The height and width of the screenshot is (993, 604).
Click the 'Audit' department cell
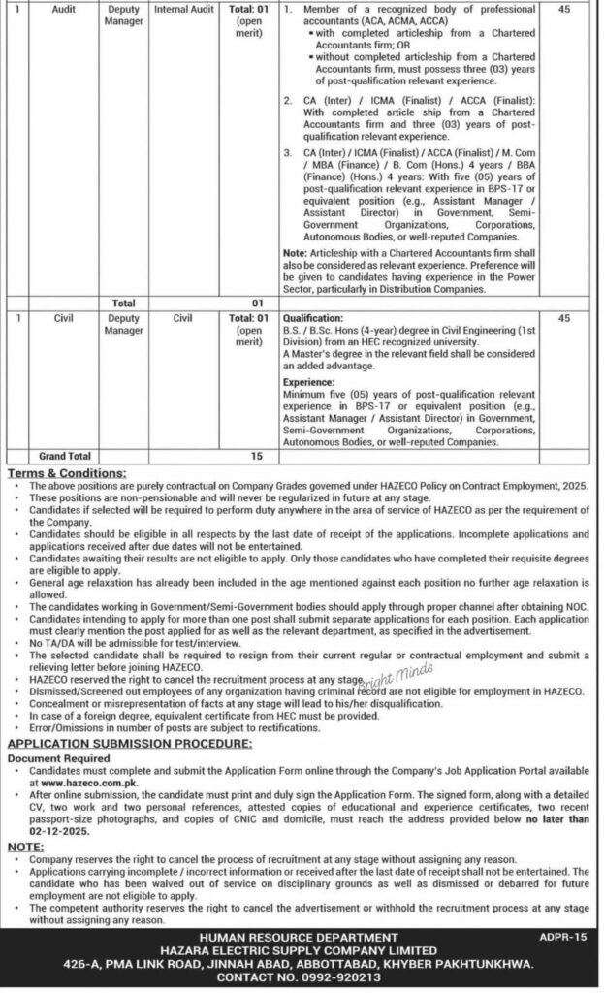coord(67,9)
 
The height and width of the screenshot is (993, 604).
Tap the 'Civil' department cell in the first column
coord(67,316)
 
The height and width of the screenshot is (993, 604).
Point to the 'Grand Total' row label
coord(65,454)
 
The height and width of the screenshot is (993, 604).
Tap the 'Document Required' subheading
coord(58,757)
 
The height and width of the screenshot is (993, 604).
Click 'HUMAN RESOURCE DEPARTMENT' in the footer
coord(302,938)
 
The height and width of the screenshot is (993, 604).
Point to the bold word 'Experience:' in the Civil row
coord(308,382)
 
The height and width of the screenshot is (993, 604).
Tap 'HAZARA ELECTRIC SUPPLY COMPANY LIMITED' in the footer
coord(302,951)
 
